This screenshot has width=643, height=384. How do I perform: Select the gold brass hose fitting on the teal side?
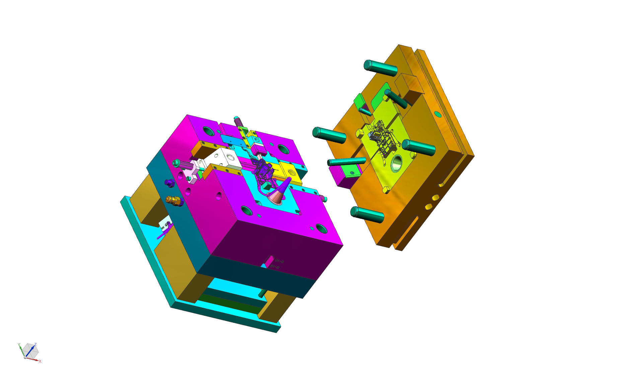(174, 201)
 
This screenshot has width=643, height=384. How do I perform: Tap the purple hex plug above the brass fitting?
(170, 183)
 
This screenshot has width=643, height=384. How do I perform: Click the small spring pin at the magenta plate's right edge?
(324, 199)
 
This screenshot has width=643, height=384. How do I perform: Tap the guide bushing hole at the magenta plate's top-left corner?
(209, 131)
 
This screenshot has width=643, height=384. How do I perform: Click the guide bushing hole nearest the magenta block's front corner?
(321, 229)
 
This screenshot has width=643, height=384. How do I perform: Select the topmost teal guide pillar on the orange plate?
(380, 68)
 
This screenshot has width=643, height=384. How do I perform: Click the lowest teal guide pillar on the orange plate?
(367, 214)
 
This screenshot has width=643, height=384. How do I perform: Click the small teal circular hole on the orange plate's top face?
(438, 114)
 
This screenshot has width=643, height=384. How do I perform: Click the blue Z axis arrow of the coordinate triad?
(31, 350)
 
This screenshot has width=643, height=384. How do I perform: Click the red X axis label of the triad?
(40, 361)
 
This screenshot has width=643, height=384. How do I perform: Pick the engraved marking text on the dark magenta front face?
(277, 264)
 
